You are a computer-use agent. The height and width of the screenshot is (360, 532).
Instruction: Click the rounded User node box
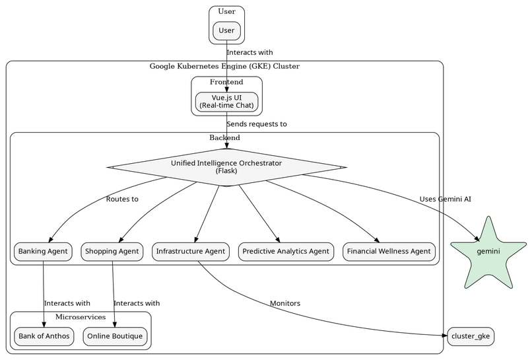pyautogui.click(x=226, y=30)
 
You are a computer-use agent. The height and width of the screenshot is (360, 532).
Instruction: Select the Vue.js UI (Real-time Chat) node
pyautogui.click(x=226, y=102)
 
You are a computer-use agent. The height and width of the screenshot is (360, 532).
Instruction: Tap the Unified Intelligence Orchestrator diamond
pyautogui.click(x=226, y=167)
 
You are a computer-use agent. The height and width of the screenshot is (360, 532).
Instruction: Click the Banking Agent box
pyautogui.click(x=43, y=251)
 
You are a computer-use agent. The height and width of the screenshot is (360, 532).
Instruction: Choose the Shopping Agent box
pyautogui.click(x=112, y=251)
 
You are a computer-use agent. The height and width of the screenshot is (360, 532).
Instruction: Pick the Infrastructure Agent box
pyautogui.click(x=191, y=251)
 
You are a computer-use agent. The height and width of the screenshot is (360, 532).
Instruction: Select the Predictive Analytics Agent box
pyautogui.click(x=285, y=251)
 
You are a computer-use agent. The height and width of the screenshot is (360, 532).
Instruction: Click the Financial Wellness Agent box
pyautogui.click(x=389, y=251)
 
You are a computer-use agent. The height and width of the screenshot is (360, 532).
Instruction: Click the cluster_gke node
pyautogui.click(x=470, y=336)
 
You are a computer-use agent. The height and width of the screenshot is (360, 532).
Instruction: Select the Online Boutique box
pyautogui.click(x=114, y=336)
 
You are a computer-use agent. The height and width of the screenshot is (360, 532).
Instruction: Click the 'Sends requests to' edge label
pyautogui.click(x=256, y=124)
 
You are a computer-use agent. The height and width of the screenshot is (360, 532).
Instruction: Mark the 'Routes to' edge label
pyautogui.click(x=122, y=199)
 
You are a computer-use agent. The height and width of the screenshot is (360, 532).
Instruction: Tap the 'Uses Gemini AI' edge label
pyautogui.click(x=445, y=199)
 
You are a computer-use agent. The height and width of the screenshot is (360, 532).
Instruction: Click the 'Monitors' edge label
pyautogui.click(x=284, y=303)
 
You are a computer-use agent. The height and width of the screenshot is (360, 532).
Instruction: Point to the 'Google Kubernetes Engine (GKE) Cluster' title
pyautogui.click(x=224, y=66)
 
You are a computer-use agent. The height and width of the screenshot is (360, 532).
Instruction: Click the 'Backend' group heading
pyautogui.click(x=224, y=137)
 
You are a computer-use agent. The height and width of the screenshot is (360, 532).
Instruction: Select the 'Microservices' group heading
pyautogui.click(x=81, y=318)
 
